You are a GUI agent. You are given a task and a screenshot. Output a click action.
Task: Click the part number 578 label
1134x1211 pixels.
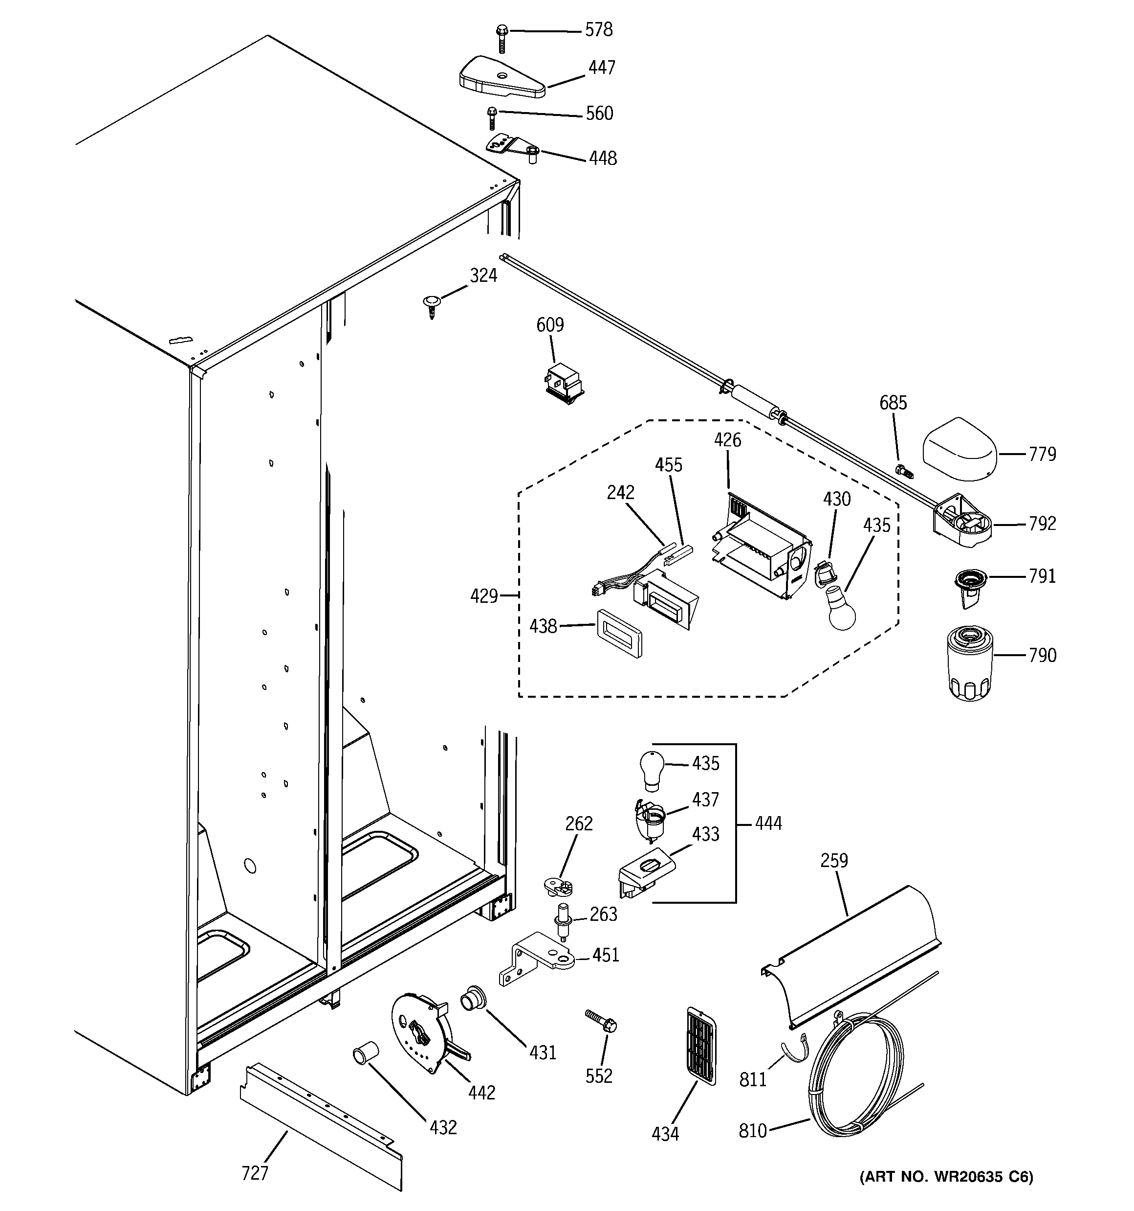[x=598, y=30]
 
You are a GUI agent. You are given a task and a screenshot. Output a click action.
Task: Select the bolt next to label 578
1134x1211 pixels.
[x=502, y=38]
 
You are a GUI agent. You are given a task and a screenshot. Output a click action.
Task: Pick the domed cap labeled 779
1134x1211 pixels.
[x=960, y=450]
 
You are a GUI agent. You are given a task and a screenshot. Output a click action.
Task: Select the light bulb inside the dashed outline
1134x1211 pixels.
[x=841, y=609]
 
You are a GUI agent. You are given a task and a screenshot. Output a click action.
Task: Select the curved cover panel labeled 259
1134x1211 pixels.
[x=852, y=957]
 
